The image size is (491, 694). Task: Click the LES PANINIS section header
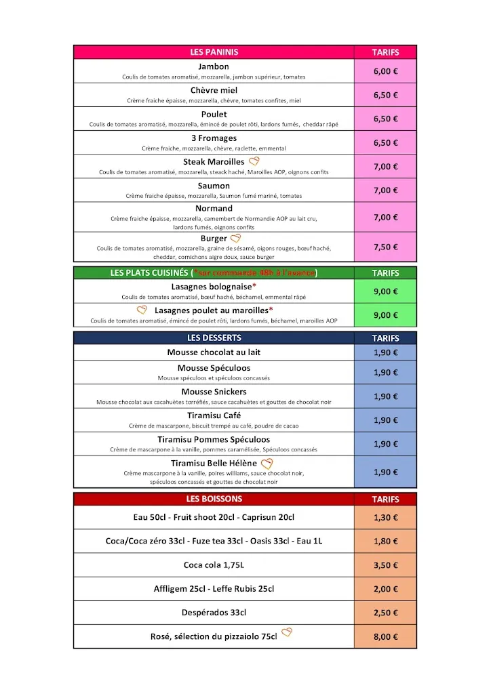(x=214, y=52)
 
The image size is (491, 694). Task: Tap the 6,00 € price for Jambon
(x=385, y=71)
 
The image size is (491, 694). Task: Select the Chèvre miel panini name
(x=214, y=90)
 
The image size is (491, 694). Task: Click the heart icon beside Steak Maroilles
(x=254, y=161)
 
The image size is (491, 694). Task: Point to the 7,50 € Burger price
(x=385, y=247)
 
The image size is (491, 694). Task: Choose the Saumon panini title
(x=214, y=186)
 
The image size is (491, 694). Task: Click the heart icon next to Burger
(x=235, y=239)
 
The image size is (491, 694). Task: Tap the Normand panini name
(x=214, y=209)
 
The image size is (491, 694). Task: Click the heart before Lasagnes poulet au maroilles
(x=142, y=310)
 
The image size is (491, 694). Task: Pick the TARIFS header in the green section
(x=385, y=273)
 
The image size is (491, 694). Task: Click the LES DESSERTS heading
(x=214, y=338)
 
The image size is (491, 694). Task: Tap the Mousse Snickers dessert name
(x=214, y=392)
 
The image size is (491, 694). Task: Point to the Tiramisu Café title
(x=214, y=415)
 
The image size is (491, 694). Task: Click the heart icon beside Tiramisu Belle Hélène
(x=267, y=464)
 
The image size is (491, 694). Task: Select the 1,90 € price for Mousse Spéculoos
(x=385, y=373)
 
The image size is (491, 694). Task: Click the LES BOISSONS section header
(x=214, y=499)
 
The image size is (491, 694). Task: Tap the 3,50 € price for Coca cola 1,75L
(x=385, y=565)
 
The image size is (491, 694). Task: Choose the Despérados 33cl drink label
(x=214, y=613)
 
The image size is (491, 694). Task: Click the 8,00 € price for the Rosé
(x=385, y=637)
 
